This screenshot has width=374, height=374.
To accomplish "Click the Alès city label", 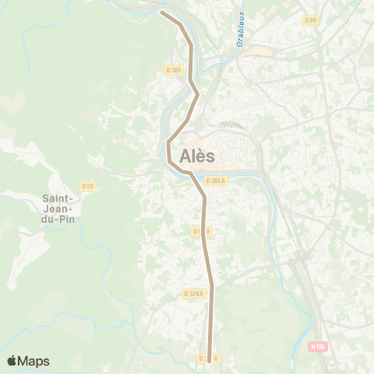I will (x=197, y=156).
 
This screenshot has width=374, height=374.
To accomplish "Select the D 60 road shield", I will (x=311, y=19).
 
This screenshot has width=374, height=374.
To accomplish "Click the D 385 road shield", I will (x=173, y=70).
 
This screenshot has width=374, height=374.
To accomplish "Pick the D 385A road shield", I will (x=215, y=180).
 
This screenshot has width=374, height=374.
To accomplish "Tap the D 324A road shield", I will (x=194, y=294).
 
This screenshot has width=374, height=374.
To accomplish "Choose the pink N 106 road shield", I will (x=316, y=347).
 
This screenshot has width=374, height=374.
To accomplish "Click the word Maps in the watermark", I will (x=34, y=361).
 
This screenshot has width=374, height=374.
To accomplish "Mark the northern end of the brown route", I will (x=162, y=12).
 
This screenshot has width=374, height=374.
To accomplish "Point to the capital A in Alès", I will (x=185, y=156).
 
